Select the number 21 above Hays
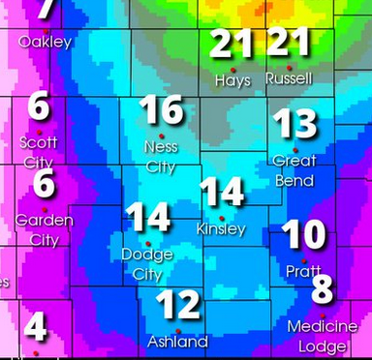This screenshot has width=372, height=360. (x=233, y=44)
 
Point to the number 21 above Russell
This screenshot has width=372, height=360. (x=290, y=42)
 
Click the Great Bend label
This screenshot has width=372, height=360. (x=294, y=170)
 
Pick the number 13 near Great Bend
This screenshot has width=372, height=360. (x=294, y=124)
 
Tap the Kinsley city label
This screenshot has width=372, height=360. (x=221, y=229)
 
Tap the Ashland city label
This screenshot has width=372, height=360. (x=177, y=342)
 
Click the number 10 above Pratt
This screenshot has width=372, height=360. (x=303, y=234)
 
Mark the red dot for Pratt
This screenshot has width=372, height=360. (x=304, y=261)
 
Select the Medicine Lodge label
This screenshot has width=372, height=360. (x=323, y=335)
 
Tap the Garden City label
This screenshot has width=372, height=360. (x=45, y=230)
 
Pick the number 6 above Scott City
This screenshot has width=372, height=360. (x=39, y=105)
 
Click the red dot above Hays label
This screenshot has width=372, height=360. (x=233, y=68)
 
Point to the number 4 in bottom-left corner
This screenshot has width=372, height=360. (x=36, y=327)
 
